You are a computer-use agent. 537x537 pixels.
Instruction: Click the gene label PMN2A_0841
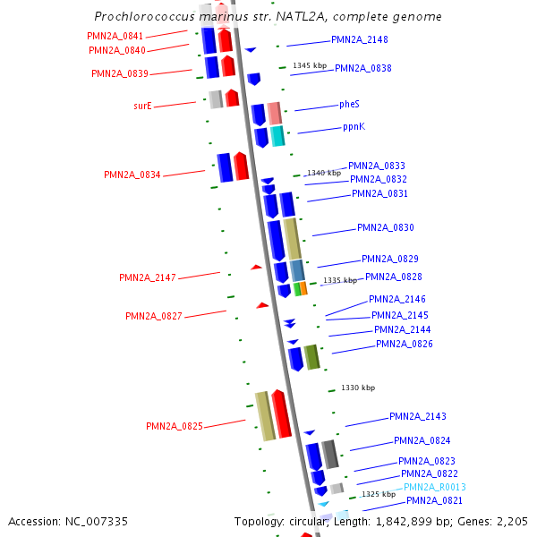click(115, 36)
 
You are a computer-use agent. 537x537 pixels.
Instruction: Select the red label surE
click(142, 106)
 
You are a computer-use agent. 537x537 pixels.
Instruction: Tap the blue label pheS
click(349, 105)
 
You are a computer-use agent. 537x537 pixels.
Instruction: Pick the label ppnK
click(354, 127)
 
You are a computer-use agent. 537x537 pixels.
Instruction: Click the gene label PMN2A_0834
click(132, 175)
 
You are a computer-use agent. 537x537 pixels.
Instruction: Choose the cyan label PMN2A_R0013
click(435, 488)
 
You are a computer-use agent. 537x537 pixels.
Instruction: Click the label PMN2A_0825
click(175, 426)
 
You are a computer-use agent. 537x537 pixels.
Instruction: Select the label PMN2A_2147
click(148, 277)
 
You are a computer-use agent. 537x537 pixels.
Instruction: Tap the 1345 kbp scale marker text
click(310, 66)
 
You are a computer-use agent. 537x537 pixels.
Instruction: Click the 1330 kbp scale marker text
click(358, 388)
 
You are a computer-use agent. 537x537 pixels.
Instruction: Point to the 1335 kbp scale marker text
click(341, 280)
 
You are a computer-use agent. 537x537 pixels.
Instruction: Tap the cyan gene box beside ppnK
click(277, 136)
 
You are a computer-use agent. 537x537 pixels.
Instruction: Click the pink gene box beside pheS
click(275, 113)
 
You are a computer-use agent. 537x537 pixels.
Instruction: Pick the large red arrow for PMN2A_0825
click(281, 414)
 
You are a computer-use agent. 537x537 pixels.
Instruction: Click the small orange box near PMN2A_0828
click(304, 288)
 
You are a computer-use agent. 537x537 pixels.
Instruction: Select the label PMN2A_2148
click(360, 39)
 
